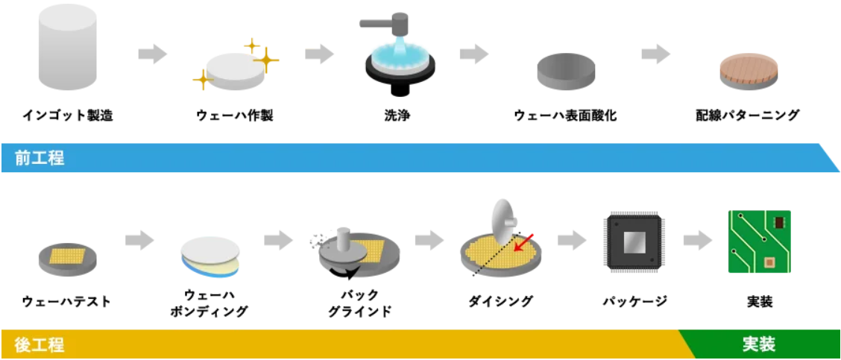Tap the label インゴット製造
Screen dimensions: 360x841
tap(68, 116)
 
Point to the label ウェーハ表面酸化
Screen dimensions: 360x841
tap(566, 116)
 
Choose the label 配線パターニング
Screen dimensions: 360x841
tap(747, 116)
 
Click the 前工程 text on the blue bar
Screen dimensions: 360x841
tap(40, 158)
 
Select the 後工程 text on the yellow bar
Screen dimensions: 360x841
tap(40, 344)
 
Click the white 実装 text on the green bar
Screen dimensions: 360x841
tap(759, 344)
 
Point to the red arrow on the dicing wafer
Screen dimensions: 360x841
tap(523, 241)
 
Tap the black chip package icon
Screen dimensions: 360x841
tap(634, 242)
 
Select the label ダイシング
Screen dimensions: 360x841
tap(501, 302)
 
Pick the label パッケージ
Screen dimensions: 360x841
tap(634, 302)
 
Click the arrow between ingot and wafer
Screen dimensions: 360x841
tap(152, 54)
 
